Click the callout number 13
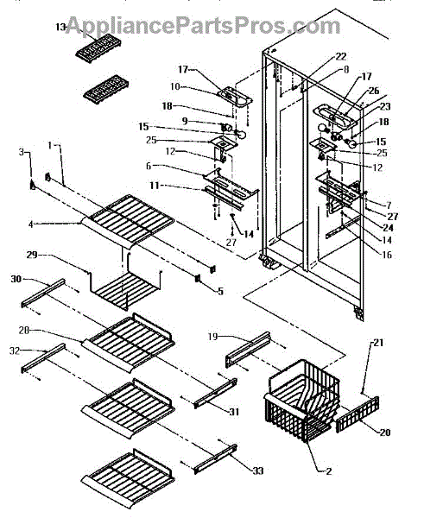click(60, 27)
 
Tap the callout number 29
click(33, 255)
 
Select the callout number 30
click(16, 279)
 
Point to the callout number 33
click(258, 471)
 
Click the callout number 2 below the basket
click(328, 471)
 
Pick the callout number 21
click(378, 343)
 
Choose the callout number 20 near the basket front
click(385, 433)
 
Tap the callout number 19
click(212, 337)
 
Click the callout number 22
click(341, 56)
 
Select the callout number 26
click(374, 91)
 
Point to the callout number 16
click(386, 255)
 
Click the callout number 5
click(220, 291)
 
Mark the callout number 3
click(22, 152)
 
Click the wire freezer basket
click(302, 401)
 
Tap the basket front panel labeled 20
click(358, 414)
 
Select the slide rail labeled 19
click(248, 350)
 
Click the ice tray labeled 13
click(98, 49)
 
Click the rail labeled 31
click(216, 393)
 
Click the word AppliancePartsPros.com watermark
click(202, 25)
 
